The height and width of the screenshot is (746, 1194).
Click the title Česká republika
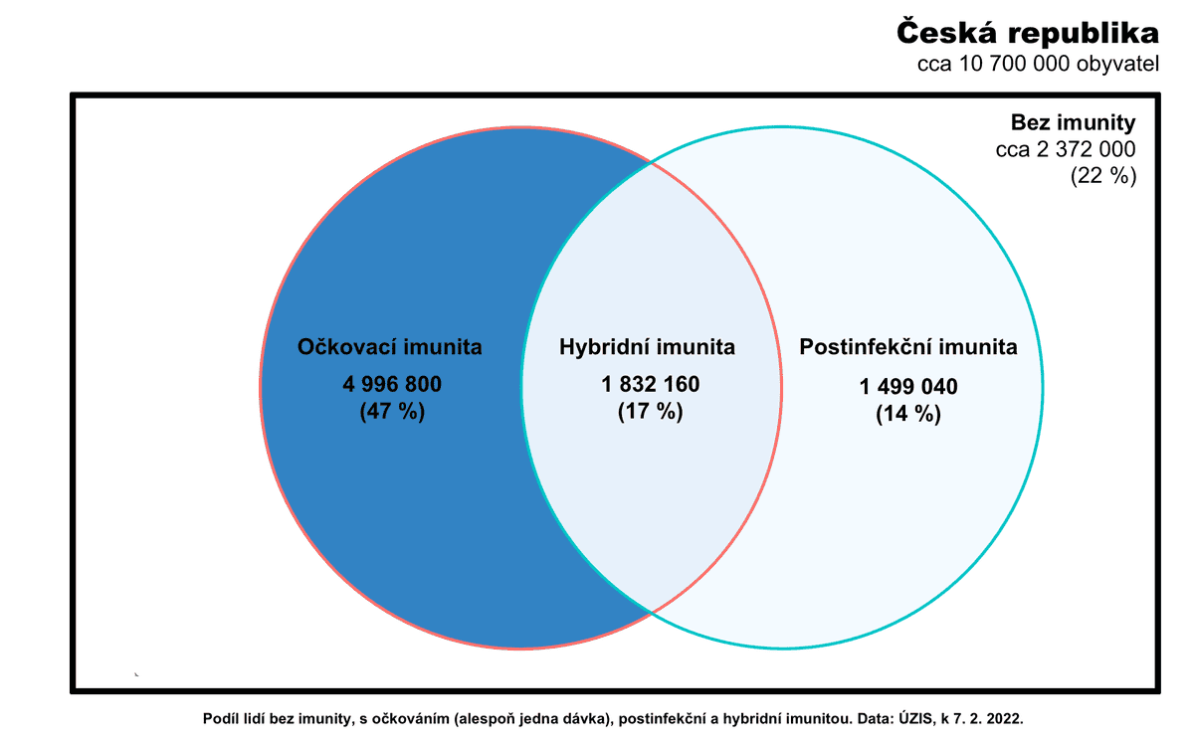[x=1028, y=33]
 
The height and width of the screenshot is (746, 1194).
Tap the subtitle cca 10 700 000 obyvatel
[x=1038, y=66]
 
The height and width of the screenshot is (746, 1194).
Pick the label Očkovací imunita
[x=390, y=347]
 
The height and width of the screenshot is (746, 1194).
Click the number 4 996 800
[x=391, y=385]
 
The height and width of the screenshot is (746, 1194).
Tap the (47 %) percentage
[x=391, y=412]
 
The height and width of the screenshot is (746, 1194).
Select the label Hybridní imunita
[x=647, y=347]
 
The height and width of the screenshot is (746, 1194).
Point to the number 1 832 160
[x=650, y=385]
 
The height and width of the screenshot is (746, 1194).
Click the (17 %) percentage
[x=650, y=412]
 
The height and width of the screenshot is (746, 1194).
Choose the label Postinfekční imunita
[x=908, y=347]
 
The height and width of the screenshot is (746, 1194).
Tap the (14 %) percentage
[x=908, y=415]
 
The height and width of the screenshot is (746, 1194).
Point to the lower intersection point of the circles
[x=651, y=611]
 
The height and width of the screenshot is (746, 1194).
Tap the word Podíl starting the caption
[x=221, y=717]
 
